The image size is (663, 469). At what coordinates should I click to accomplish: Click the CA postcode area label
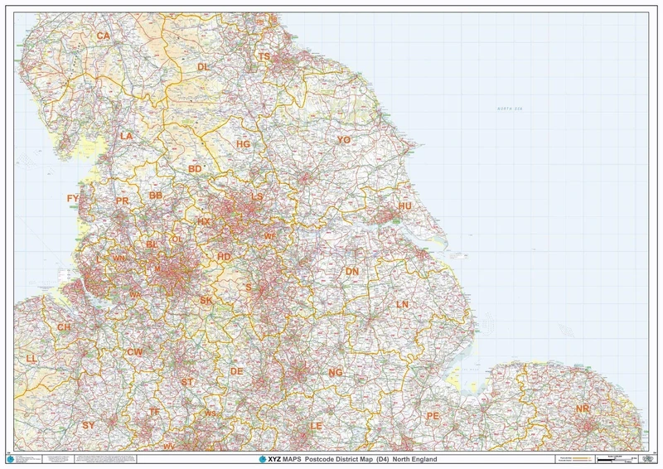pyautogui.click(x=104, y=36)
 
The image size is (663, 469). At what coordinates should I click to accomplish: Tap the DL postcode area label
pyautogui.click(x=204, y=66)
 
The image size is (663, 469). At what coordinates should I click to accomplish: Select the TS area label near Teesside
pyautogui.click(x=264, y=56)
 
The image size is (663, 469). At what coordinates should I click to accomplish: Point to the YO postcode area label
pyautogui.click(x=344, y=140)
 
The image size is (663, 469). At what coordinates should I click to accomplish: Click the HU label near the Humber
pyautogui.click(x=404, y=205)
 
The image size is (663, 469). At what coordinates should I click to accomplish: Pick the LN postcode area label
pyautogui.click(x=403, y=304)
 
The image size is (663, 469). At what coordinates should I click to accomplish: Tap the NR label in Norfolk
pyautogui.click(x=583, y=409)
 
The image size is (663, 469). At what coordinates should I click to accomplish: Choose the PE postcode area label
pyautogui.click(x=432, y=415)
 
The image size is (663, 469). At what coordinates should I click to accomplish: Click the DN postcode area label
pyautogui.click(x=352, y=271)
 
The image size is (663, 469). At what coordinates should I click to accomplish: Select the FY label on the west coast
pyautogui.click(x=73, y=199)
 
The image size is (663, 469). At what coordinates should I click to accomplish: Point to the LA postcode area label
pyautogui.click(x=126, y=135)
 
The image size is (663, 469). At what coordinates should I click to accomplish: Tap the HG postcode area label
pyautogui.click(x=243, y=143)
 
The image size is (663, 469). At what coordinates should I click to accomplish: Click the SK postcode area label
pyautogui.click(x=207, y=300)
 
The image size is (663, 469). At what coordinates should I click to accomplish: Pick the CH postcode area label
pyautogui.click(x=64, y=326)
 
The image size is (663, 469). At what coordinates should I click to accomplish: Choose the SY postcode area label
pyautogui.click(x=89, y=424)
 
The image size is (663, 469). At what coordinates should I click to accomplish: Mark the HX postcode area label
pyautogui.click(x=203, y=222)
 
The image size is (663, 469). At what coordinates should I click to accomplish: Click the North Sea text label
pyautogui.click(x=512, y=109)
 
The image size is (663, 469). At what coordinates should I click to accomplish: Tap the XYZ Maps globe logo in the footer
pyautogui.click(x=263, y=459)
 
